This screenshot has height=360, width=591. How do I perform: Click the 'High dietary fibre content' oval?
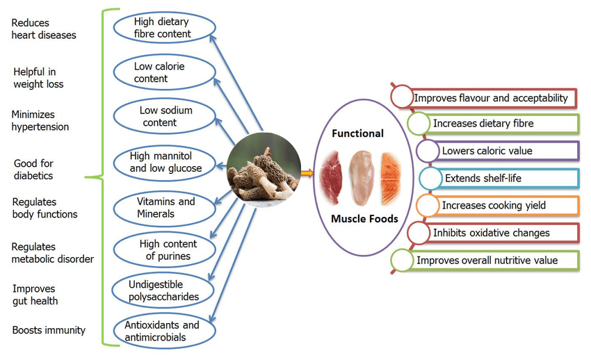(x=162, y=27)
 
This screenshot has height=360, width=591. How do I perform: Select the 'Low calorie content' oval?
(x=161, y=72)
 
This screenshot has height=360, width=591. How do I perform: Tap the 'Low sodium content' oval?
(x=165, y=116)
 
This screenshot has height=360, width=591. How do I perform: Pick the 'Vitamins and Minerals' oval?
(x=165, y=207)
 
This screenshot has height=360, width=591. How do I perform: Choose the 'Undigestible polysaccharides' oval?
(x=163, y=291)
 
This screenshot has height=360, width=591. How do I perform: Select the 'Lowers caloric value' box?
(x=503, y=151)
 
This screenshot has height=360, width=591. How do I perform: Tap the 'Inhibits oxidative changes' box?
(x=500, y=233)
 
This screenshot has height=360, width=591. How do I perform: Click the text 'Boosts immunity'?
(x=49, y=329)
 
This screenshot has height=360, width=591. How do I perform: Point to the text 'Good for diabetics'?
(x=33, y=170)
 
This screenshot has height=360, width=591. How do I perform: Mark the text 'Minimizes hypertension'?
(x=40, y=120)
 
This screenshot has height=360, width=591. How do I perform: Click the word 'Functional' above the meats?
(x=357, y=133)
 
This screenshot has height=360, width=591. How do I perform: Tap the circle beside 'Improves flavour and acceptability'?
(x=402, y=97)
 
